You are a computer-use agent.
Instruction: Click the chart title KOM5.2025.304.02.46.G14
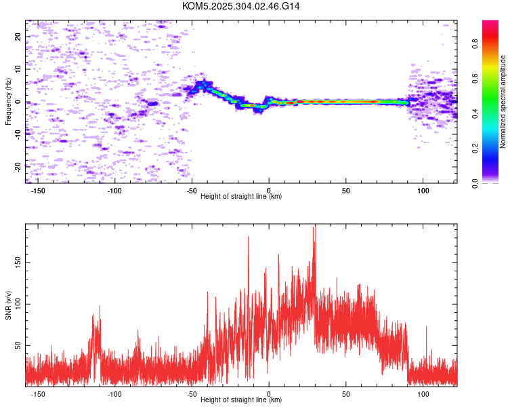coord(240,6)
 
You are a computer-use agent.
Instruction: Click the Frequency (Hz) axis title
coord(8,102)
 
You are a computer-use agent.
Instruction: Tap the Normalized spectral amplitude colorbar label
coord(503,102)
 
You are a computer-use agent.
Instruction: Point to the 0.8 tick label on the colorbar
coord(475,44)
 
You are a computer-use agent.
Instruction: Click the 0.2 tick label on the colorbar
coord(475,149)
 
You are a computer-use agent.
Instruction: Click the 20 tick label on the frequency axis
coord(18,37)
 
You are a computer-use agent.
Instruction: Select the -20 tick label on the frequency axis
coord(18,167)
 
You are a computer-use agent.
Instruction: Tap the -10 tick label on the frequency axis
coord(18,134)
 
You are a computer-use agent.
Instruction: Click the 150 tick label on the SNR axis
coord(18,263)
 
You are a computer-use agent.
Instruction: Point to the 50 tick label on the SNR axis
coord(18,345)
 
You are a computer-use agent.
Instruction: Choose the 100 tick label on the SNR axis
coord(18,304)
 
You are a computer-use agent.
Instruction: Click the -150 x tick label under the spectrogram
coord(37,191)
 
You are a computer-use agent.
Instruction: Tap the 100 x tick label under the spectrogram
coord(423,191)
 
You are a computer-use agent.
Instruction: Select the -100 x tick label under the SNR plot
coord(114,394)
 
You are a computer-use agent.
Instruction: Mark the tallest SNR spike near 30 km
coord(315,226)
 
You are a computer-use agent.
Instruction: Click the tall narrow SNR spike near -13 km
coord(249,237)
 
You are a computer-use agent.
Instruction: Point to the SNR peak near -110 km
coord(100,307)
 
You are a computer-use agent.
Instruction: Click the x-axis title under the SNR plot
coord(241,400)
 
